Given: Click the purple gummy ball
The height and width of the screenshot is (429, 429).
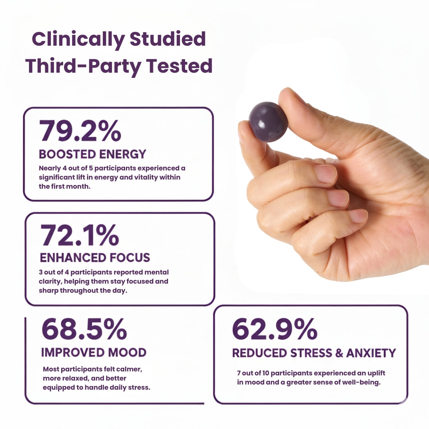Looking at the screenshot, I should point(268,122).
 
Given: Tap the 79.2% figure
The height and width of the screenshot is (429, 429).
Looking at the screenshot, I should point(80,131).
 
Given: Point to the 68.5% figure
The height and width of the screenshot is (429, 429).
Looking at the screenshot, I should point(84,329).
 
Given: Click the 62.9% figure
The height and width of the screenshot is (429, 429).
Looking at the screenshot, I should point(274,329).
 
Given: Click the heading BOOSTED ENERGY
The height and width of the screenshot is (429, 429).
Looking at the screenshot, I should point(93,154).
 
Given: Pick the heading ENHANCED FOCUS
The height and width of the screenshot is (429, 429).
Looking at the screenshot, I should point(95,257).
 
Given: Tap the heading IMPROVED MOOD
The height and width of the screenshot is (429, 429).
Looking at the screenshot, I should point(94,352).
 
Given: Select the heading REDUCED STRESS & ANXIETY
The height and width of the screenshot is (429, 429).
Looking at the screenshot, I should point(314,353).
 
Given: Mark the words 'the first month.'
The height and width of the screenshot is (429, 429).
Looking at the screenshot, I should point(64,186).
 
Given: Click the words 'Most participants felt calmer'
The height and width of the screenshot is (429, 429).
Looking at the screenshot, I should point(92,369).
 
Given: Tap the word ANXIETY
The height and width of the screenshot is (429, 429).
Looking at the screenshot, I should point(371,353).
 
